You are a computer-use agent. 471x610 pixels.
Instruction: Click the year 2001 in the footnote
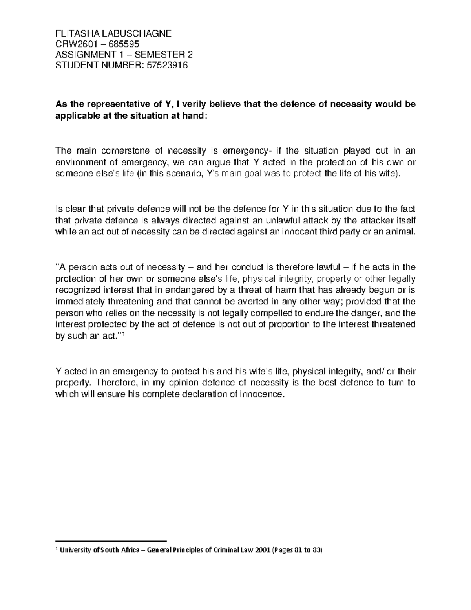(x=262, y=551)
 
